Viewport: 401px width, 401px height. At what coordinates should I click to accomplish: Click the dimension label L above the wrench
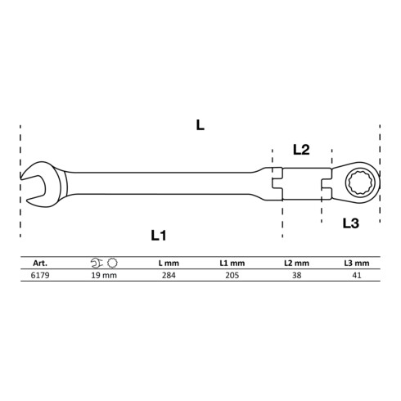tap(200, 125)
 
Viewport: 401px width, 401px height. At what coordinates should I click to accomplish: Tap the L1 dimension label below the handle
tap(159, 235)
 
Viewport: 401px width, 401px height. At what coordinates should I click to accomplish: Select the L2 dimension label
tap(301, 150)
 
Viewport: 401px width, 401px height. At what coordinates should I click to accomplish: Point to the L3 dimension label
tap(351, 223)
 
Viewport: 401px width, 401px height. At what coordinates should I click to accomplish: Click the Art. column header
tap(40, 264)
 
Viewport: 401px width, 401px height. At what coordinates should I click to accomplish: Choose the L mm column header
tap(169, 264)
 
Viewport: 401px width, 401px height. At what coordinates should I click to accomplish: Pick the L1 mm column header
tap(232, 264)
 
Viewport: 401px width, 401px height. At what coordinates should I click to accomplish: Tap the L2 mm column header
tap(296, 264)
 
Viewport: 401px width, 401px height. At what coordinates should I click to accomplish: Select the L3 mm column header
tap(357, 264)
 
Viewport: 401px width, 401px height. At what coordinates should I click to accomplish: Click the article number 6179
tap(40, 275)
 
